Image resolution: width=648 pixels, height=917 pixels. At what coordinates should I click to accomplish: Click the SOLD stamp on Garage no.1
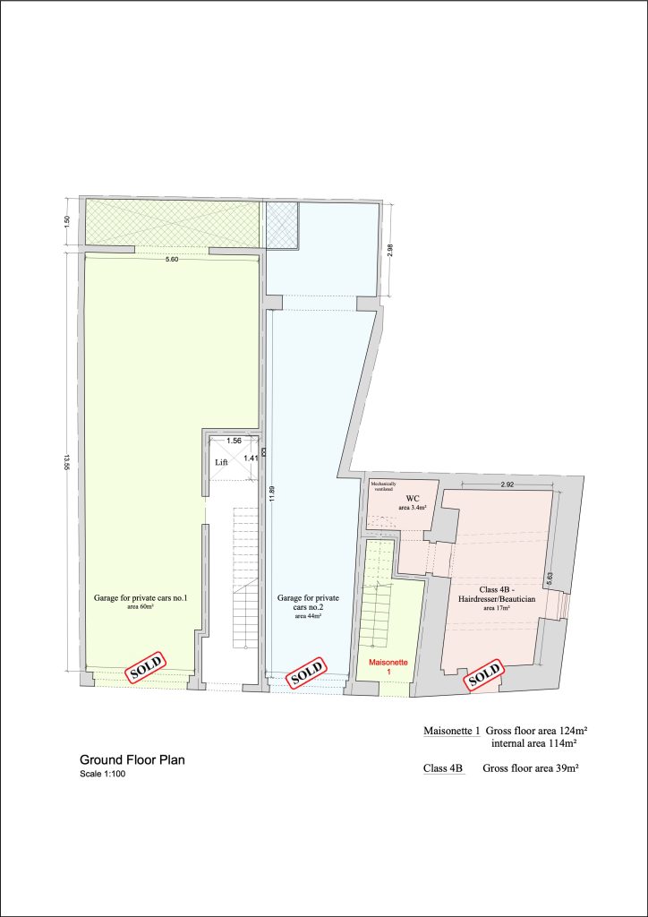145,667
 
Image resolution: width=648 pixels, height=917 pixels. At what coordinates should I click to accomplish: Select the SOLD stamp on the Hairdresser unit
484,674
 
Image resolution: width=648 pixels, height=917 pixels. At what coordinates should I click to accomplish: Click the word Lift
222,462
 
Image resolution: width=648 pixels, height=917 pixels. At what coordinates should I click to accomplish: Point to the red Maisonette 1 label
389,666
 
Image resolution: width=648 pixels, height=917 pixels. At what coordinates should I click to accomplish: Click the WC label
413,497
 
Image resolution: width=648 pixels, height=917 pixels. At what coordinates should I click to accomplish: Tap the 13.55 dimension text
66,461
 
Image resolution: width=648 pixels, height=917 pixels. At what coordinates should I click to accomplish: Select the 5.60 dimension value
174,260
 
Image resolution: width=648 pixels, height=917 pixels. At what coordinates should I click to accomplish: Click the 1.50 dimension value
66,221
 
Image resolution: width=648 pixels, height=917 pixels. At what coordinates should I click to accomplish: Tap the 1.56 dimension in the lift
234,441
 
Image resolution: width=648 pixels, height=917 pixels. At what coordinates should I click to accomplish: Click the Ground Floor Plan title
132,759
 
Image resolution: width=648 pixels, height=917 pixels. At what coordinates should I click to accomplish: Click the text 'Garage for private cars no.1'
141,597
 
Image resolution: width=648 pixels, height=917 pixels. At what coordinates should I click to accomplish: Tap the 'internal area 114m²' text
533,743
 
